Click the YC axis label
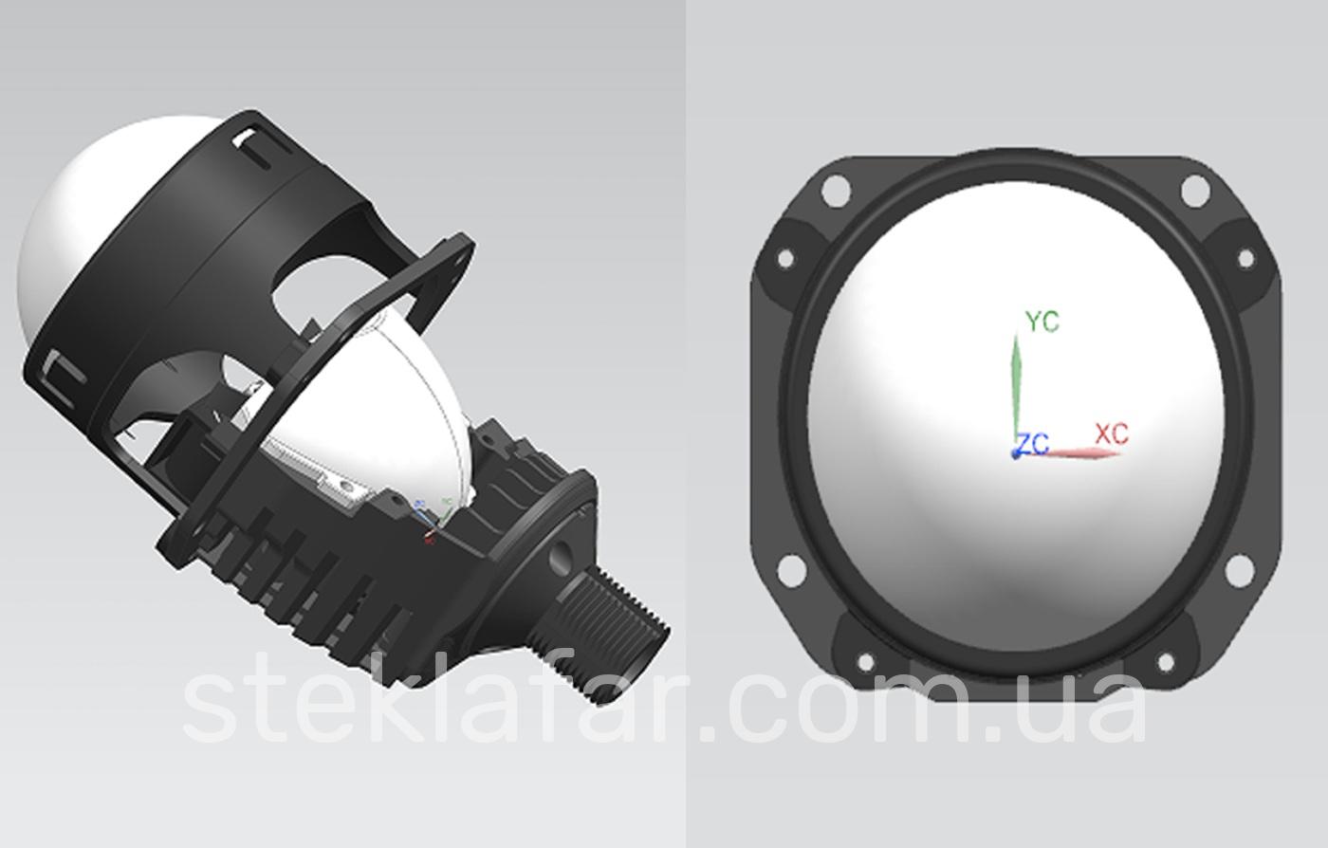coord(1042,322)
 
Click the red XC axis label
coord(1112,433)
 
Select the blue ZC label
coord(1033,443)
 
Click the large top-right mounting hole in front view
coord(1195,191)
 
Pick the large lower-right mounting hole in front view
coord(1237,570)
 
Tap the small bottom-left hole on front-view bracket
coord(865,662)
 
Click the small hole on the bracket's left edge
coord(784,258)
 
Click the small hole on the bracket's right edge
coord(1245,258)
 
